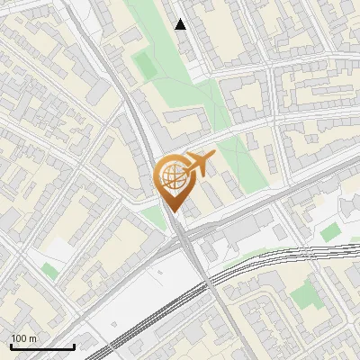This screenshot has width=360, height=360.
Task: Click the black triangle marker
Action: (181, 24)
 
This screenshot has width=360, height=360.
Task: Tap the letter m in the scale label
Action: (34, 338)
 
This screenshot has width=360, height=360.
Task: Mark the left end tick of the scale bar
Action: (11, 346)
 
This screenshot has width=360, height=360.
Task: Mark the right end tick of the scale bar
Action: (74, 346)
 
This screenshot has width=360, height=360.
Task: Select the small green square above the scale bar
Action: (50, 269)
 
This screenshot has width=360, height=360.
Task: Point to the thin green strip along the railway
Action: (243, 261)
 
